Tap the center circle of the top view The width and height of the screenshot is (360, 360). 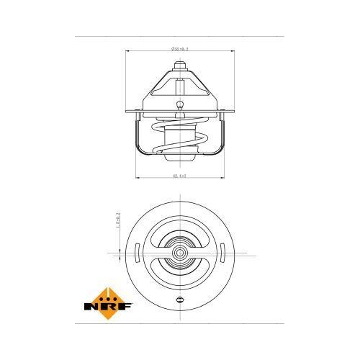click(x=179, y=253)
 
